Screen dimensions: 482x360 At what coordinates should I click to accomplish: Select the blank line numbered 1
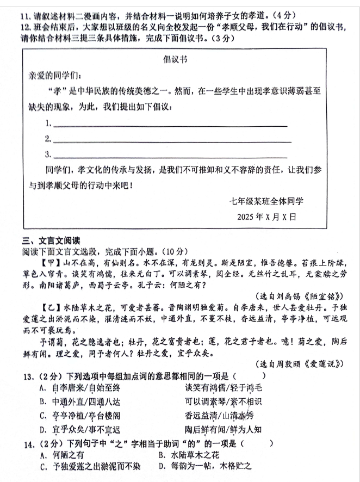tap(169, 126)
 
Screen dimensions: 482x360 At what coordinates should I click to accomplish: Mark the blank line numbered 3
tap(169, 157)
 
